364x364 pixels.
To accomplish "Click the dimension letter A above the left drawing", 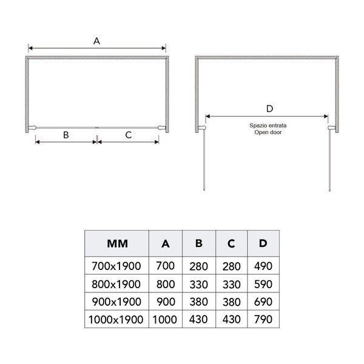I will tap(96, 41).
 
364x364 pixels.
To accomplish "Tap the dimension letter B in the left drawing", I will tap(66, 135).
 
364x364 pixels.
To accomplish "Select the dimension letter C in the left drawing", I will tap(129, 135).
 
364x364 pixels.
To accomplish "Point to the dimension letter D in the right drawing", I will tap(270, 109).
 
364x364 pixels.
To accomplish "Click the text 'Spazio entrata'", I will tap(268, 125).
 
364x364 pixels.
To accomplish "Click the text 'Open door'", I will tap(268, 132).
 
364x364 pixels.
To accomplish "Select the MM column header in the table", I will tap(116, 244).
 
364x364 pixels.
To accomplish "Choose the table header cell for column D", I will tap(263, 244).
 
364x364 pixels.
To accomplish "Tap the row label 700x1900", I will tap(116, 266).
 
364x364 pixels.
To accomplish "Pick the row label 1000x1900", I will tap(116, 319).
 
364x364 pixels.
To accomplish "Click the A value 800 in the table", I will tap(166, 283).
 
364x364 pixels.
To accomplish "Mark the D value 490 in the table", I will tap(263, 266).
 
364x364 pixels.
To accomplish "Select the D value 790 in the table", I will tap(263, 319).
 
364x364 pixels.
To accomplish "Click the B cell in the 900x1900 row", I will tap(198, 302).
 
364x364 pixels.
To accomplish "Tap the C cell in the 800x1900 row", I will tap(231, 283).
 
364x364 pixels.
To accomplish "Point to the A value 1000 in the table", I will tap(166, 319).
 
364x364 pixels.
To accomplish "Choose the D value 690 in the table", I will tap(263, 302).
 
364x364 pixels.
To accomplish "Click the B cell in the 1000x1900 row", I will tap(198, 319).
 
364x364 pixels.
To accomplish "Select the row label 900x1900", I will tap(116, 302).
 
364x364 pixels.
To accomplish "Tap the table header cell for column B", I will tap(198, 244).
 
